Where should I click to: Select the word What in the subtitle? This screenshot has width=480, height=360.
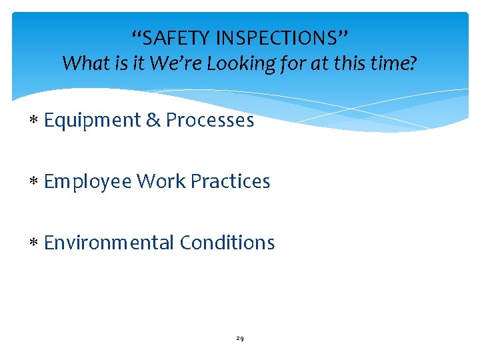[83, 64]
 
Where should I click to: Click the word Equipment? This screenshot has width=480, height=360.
[92, 121]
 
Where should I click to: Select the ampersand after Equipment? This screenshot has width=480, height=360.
[153, 120]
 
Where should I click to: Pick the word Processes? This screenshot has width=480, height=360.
[210, 120]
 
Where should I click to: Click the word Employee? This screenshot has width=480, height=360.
[88, 181]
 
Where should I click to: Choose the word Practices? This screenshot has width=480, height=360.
[230, 181]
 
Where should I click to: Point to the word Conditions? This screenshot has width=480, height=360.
[227, 243]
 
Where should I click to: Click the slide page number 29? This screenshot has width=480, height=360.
[240, 339]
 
